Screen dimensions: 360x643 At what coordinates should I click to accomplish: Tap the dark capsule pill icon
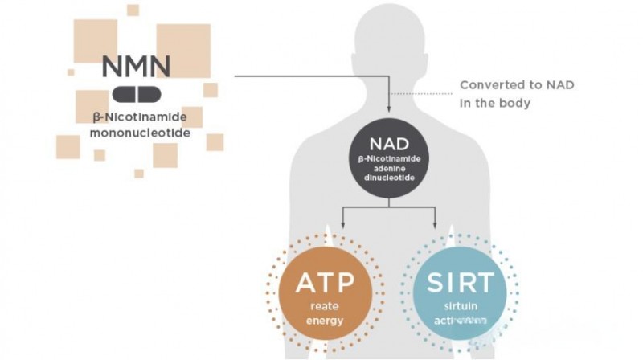coord(137,94)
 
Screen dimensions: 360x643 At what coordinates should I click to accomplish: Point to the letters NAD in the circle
coord(390,144)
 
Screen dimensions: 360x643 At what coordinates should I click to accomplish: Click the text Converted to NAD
coord(517,85)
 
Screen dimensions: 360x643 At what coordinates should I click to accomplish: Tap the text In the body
coord(495,103)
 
